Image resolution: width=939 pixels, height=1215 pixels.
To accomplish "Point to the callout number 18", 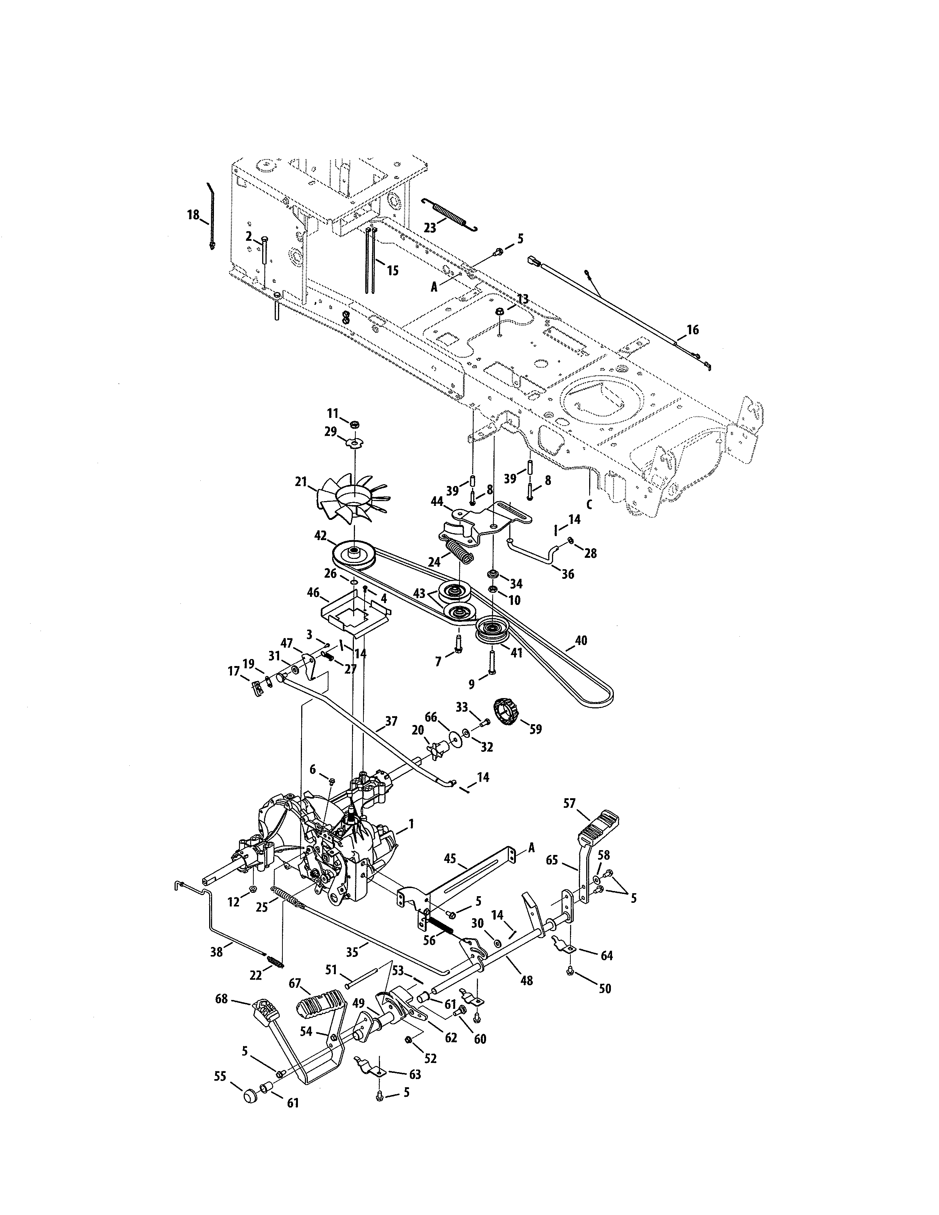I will click(x=193, y=215).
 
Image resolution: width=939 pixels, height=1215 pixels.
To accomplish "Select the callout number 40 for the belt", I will click(x=580, y=641).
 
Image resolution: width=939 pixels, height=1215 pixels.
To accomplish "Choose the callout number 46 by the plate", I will click(x=314, y=593).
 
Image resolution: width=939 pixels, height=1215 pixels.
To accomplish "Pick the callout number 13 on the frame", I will click(x=523, y=299).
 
